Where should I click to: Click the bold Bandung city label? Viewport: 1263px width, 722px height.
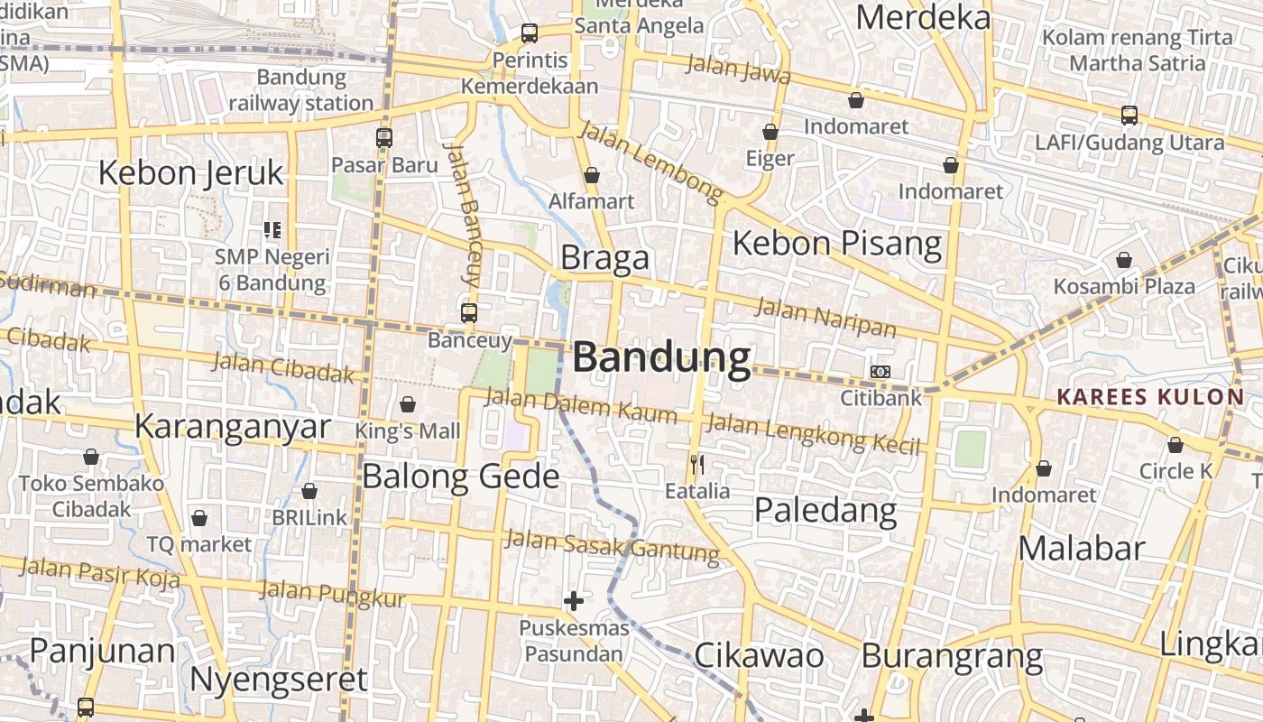pyautogui.click(x=661, y=358)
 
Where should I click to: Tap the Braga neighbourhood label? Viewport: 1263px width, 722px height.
pyautogui.click(x=604, y=258)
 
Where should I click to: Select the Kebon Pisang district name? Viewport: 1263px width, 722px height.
pyautogui.click(x=837, y=243)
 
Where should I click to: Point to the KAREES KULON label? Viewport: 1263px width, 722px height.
pyautogui.click(x=1150, y=397)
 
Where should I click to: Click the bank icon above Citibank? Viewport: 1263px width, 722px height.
pyautogui.click(x=880, y=372)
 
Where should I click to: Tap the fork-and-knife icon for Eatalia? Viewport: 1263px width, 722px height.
pyautogui.click(x=696, y=466)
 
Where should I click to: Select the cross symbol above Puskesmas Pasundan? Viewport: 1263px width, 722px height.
pyautogui.click(x=573, y=601)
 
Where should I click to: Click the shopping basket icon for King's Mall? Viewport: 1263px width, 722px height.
pyautogui.click(x=408, y=404)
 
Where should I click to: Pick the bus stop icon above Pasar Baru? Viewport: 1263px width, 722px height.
pyautogui.click(x=384, y=138)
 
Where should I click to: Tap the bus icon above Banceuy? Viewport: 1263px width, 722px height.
pyautogui.click(x=469, y=313)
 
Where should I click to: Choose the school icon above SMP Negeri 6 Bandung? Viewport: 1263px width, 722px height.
pyautogui.click(x=272, y=230)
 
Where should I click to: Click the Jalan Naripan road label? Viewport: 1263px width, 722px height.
pyautogui.click(x=825, y=317)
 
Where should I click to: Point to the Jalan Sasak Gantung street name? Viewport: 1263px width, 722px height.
pyautogui.click(x=612, y=545)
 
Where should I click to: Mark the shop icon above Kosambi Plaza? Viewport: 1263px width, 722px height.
pyautogui.click(x=1124, y=261)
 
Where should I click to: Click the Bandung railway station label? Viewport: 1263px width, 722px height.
pyautogui.click(x=300, y=90)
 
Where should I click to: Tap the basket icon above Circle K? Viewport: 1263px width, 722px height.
pyautogui.click(x=1175, y=445)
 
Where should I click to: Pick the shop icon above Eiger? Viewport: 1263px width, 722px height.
pyautogui.click(x=770, y=133)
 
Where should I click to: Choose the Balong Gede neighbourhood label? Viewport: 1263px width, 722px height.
pyautogui.click(x=460, y=476)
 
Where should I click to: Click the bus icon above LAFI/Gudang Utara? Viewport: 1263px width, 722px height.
pyautogui.click(x=1129, y=116)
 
